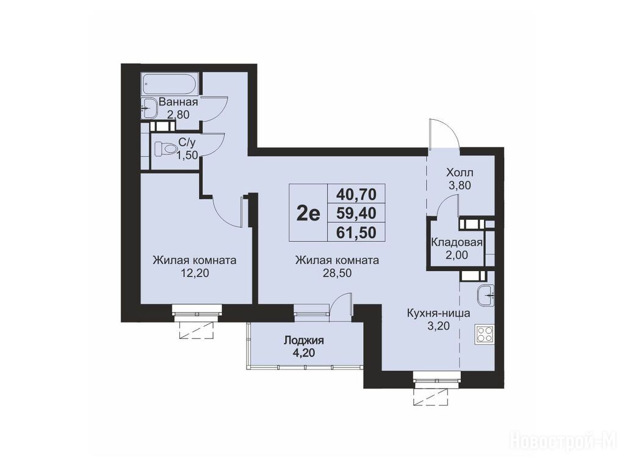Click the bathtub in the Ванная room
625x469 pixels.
[x=170, y=84]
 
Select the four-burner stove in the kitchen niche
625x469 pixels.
[x=485, y=334]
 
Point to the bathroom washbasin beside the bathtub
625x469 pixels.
[x=149, y=107]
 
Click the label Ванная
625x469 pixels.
[x=178, y=102]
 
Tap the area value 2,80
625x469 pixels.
[x=178, y=115]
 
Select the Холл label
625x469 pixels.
[x=460, y=173]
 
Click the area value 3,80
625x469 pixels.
[x=460, y=186]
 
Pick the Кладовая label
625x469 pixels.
[x=457, y=242]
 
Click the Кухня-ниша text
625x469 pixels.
[x=438, y=313]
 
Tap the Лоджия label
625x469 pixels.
[x=303, y=341]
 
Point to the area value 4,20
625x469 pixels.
[x=303, y=353]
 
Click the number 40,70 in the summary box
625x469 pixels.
[x=356, y=194]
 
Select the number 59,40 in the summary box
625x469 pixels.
[x=356, y=213]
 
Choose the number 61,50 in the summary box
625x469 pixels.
[x=356, y=232]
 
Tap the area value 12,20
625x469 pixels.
[x=195, y=273]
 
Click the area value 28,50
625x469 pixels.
[x=337, y=273]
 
